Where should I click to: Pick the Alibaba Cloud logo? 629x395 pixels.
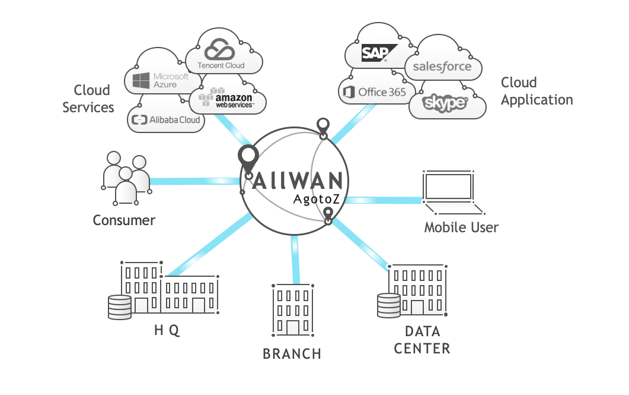pyautogui.click(x=167, y=120)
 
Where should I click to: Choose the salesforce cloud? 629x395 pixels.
pyautogui.click(x=442, y=66)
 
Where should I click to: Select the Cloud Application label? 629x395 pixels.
pyautogui.click(x=537, y=91)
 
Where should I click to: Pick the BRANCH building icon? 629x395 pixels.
pyautogui.click(x=292, y=308)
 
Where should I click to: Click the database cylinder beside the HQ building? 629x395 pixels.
pyautogui.click(x=119, y=307)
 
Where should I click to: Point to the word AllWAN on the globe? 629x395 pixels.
pyautogui.click(x=297, y=181)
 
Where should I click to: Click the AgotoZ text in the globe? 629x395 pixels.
pyautogui.click(x=317, y=200)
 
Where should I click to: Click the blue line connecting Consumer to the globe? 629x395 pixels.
pyautogui.click(x=196, y=180)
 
